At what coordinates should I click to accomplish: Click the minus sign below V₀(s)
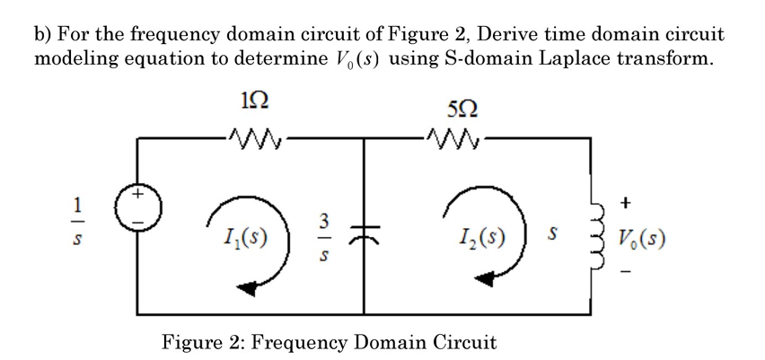pos(645,274)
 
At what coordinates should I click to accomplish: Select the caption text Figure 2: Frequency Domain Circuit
pos(329,342)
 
